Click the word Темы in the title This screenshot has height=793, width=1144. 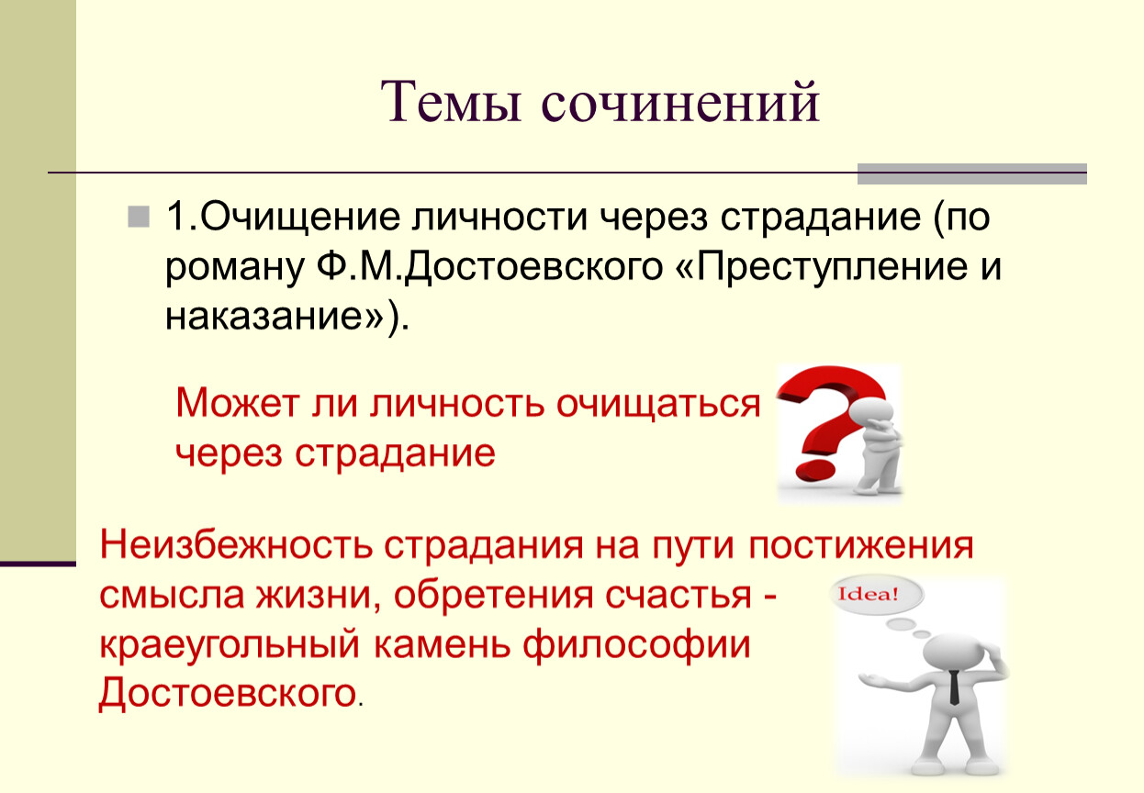[451, 102]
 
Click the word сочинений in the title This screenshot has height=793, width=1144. [680, 102]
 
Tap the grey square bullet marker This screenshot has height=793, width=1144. [139, 217]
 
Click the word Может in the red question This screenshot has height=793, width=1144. [238, 404]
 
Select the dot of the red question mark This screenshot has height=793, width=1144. [814, 469]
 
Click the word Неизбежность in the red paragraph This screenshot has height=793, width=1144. [236, 546]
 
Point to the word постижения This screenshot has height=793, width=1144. [861, 546]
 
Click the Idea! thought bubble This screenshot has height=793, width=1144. [877, 595]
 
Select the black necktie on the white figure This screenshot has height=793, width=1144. [954, 687]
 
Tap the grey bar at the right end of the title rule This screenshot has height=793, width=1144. [972, 173]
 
